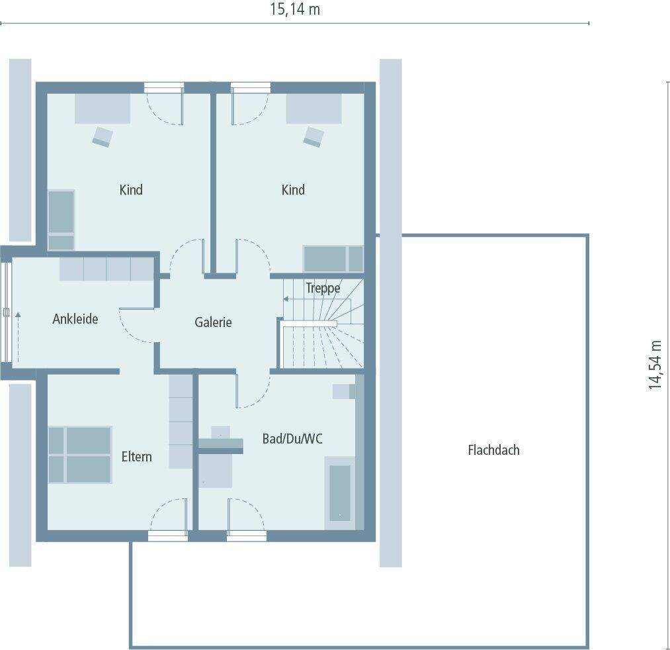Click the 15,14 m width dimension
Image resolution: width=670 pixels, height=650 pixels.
295,10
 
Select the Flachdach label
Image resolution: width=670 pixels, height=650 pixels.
493,450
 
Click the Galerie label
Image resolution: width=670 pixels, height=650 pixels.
213,322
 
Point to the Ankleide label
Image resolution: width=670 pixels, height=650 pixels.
75,319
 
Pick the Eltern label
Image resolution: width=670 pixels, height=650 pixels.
136,456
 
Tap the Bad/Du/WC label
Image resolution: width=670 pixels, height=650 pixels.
292,438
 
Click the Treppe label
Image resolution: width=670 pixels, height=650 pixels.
323,288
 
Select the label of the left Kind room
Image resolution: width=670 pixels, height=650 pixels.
131,190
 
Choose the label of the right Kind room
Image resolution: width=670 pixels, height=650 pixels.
293,190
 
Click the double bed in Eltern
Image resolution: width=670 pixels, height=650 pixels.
79,454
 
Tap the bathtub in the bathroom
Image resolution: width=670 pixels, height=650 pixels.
339,493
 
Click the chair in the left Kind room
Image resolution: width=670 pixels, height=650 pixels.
103,136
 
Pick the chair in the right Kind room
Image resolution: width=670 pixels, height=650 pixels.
314,136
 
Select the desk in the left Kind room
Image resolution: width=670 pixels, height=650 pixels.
102,109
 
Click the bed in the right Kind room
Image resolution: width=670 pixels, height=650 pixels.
333,259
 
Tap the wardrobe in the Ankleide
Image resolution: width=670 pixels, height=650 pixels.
106,269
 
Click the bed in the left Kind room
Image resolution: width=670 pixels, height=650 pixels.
62,220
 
